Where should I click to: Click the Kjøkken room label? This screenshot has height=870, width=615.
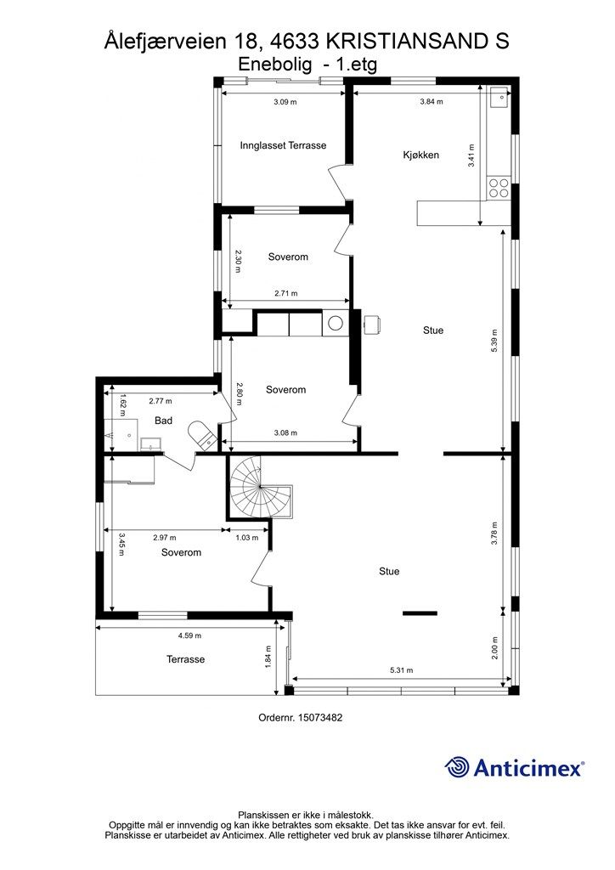[421, 155]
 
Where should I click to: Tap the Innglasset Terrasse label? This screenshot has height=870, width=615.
[283, 145]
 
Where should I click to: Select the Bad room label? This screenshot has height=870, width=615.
[164, 421]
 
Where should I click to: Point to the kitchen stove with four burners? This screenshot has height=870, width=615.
[498, 188]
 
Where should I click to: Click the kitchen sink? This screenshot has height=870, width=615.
[499, 98]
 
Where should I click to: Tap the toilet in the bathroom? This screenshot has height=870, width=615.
[202, 434]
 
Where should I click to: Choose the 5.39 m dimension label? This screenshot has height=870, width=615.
[494, 341]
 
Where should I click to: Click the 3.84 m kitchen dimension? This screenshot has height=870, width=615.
[432, 102]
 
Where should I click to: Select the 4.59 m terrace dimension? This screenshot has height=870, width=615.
[189, 636]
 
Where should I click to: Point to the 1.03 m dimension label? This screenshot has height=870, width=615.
[247, 537]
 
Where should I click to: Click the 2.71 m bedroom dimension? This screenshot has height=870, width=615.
[286, 293]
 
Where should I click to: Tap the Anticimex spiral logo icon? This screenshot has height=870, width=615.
[457, 767]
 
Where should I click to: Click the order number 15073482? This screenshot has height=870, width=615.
[320, 717]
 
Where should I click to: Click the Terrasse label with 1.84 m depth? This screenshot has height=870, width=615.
[186, 659]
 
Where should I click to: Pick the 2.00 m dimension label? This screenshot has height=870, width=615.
[494, 647]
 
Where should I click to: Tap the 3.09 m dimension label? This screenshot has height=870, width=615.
[285, 102]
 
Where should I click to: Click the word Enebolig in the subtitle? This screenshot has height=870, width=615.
[274, 65]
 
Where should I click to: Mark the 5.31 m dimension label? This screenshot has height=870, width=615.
[402, 669]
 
